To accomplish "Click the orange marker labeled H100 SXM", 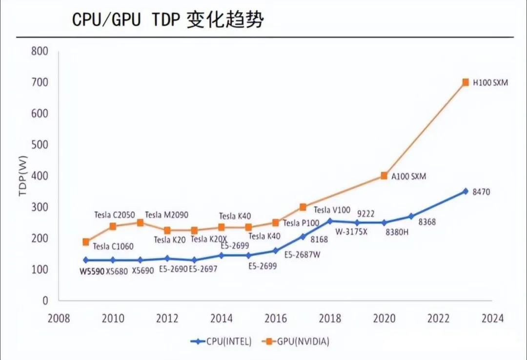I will pyautogui.click(x=466, y=82).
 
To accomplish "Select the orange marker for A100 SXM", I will pyautogui.click(x=384, y=176).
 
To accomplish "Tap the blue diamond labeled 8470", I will pyautogui.click(x=466, y=191).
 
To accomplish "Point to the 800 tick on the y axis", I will pyautogui.click(x=40, y=51).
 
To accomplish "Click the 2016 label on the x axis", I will pyautogui.click(x=276, y=319).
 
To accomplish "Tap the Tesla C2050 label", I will pyautogui.click(x=114, y=215).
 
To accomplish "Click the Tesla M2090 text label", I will pyautogui.click(x=166, y=215).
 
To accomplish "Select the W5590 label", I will pyautogui.click(x=92, y=271).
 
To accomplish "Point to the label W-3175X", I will pyautogui.click(x=351, y=231).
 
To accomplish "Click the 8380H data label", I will pyautogui.click(x=397, y=233).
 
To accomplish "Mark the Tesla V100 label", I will pyautogui.click(x=332, y=210).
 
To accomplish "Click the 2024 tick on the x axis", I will pyautogui.click(x=492, y=319).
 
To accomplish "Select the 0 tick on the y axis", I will pyautogui.click(x=45, y=301).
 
